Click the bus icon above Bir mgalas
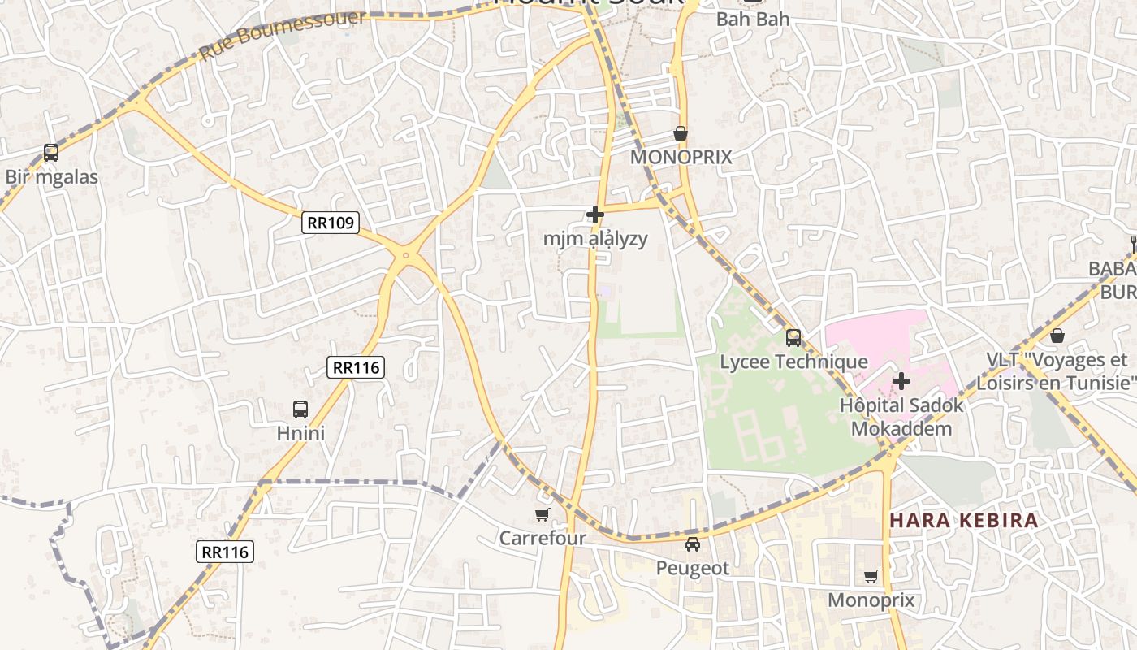pos(50,152)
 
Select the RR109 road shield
pos(331,223)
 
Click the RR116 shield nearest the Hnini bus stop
pos(356,367)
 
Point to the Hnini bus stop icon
pos(300,409)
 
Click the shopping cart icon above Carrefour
pos(542,514)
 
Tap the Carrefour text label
pos(542,538)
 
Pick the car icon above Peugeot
pos(692,544)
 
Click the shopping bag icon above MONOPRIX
pos(681,133)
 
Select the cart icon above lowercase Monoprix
pos(871,577)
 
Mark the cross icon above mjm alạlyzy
pos(595,214)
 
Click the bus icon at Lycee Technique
pos(793,337)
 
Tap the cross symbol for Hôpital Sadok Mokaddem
pos(901,380)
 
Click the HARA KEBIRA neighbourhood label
pos(963,520)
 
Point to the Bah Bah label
pos(752,19)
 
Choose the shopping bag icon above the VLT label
pos(1057,335)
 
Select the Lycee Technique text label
pos(793,362)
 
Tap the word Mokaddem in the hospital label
pos(901,428)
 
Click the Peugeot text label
pos(692,568)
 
